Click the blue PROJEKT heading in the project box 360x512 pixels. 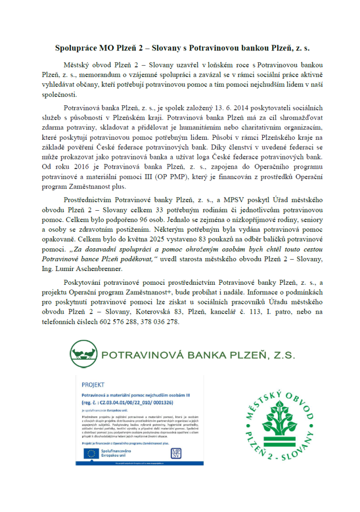(x=93, y=384)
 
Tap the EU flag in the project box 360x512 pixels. (x=93, y=453)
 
